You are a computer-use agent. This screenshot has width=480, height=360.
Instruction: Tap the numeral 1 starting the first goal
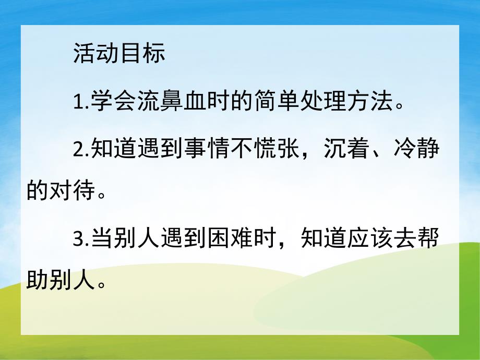pyautogui.click(x=78, y=101)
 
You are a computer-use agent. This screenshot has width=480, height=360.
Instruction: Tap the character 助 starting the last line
pyautogui.click(x=38, y=282)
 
